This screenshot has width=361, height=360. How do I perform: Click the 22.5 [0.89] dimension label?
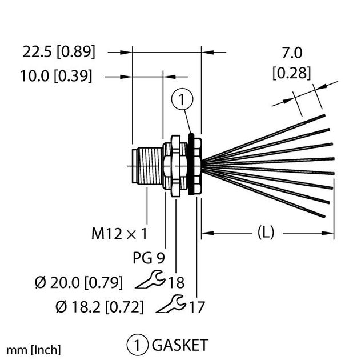coord(59,52)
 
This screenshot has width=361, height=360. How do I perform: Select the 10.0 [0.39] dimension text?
coord(58,76)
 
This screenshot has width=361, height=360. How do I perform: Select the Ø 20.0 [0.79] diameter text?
coord(79,282)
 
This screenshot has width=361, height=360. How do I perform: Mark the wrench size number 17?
coord(196,307)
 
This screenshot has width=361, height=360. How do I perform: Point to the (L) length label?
coord(265,233)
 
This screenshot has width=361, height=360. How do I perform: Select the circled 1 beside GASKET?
coord(137,345)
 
